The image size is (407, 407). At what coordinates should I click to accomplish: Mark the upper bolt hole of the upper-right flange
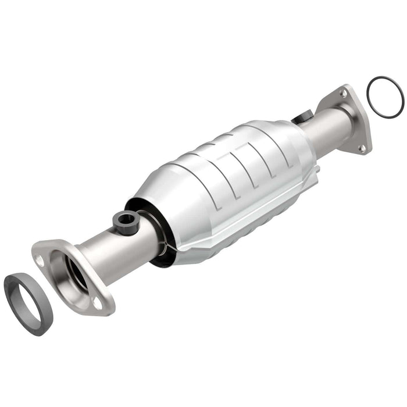343,93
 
